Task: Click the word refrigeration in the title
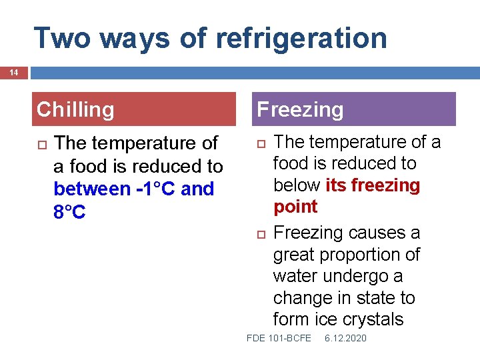point(301,38)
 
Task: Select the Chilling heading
point(75,109)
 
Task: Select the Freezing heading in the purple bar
point(300,109)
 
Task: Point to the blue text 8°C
point(70,211)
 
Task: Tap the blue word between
point(91,189)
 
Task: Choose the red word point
point(295,207)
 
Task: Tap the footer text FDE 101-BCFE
point(279,339)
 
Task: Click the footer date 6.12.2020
point(345,339)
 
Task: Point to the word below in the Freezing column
point(297,185)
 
